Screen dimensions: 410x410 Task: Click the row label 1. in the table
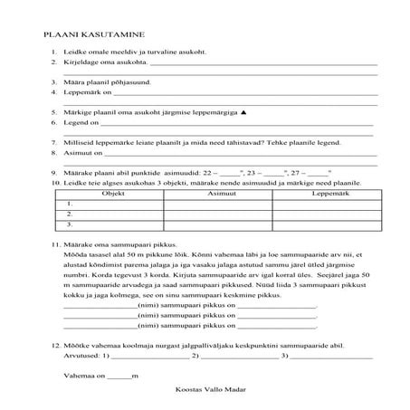click(x=70, y=205)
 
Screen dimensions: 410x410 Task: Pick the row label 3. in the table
click(x=70, y=224)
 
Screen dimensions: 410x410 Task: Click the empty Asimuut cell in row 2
click(x=215, y=215)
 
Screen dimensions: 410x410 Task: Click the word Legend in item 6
click(x=76, y=121)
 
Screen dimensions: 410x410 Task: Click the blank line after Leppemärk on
click(x=244, y=93)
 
